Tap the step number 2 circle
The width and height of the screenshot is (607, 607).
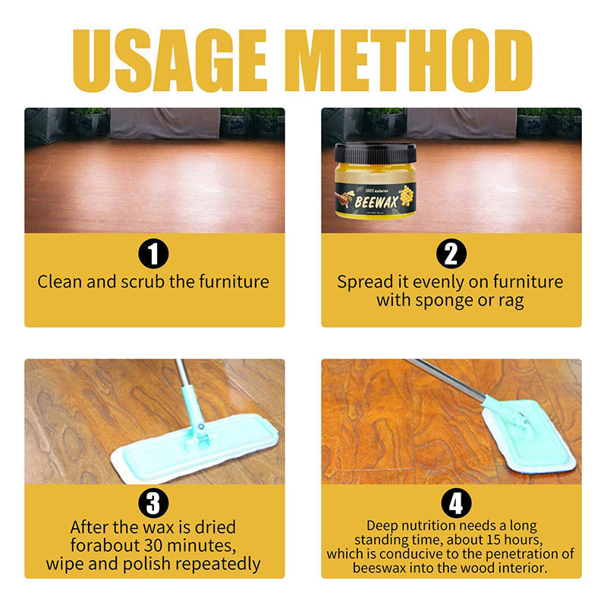(x=451, y=253)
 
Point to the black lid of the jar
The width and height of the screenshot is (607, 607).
(x=376, y=152)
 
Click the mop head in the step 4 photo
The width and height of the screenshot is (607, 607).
(x=530, y=440)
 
